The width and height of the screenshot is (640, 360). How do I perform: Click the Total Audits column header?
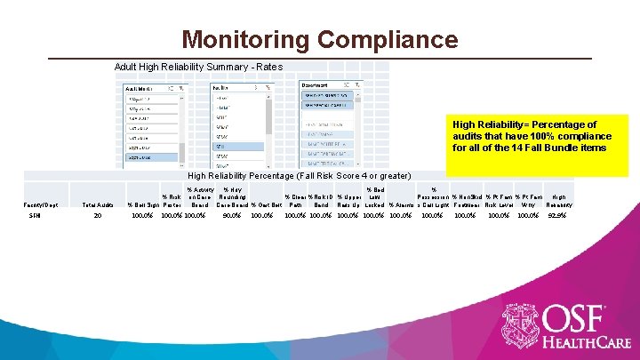pyautogui.click(x=96, y=205)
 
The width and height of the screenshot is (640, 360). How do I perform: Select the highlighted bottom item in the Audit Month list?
pyautogui.click(x=150, y=157)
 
